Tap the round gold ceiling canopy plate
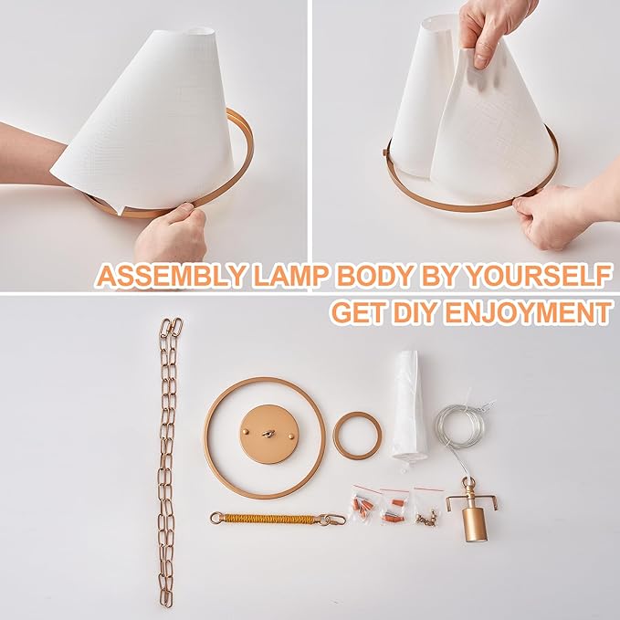tap(264, 436)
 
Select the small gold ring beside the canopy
tap(357, 436)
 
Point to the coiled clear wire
tap(462, 429)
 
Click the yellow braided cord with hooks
tap(265, 519)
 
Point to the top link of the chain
tap(171, 329)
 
